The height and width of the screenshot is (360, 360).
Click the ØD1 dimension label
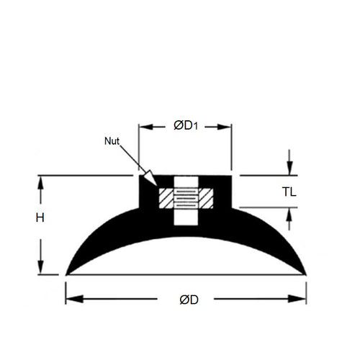pyautogui.click(x=185, y=126)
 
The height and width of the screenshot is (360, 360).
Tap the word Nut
pyautogui.click(x=112, y=141)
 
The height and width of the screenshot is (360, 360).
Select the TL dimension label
pyautogui.click(x=289, y=192)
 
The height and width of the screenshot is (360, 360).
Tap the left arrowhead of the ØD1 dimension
pyautogui.click(x=143, y=126)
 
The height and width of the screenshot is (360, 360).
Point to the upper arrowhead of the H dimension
pyautogui.click(x=42, y=180)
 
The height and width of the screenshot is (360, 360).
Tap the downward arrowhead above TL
pyautogui.click(x=289, y=170)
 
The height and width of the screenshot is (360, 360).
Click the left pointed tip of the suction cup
pyautogui.click(x=67, y=274)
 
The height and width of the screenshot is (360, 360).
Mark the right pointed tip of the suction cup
pyautogui.click(x=305, y=274)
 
